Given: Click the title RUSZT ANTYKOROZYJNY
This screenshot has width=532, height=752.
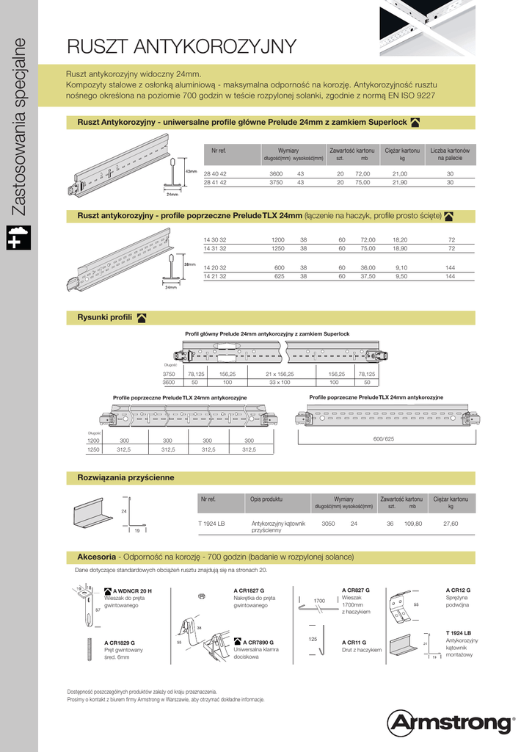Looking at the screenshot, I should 181,47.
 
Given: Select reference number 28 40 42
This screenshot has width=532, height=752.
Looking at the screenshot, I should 215,173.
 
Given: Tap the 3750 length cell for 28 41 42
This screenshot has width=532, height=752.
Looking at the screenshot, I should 276,182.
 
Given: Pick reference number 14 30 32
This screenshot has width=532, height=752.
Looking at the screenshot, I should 215,240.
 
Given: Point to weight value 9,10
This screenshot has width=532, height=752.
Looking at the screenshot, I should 401,267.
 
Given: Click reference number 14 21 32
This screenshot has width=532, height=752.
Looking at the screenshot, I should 215,276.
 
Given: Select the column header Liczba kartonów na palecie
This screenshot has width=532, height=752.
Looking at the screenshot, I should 450,153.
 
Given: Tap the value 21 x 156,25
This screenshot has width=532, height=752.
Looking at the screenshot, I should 279,373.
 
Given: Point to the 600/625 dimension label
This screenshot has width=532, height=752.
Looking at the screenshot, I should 384,438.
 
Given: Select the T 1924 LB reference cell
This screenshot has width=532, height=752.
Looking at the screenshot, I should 211,524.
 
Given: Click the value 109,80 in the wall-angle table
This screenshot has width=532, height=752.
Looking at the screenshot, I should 414,524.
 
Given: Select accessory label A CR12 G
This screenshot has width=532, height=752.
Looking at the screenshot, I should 458,590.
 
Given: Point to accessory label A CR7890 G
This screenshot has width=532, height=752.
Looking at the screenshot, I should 263,642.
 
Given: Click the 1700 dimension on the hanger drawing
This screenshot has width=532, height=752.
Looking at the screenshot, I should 319,601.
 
